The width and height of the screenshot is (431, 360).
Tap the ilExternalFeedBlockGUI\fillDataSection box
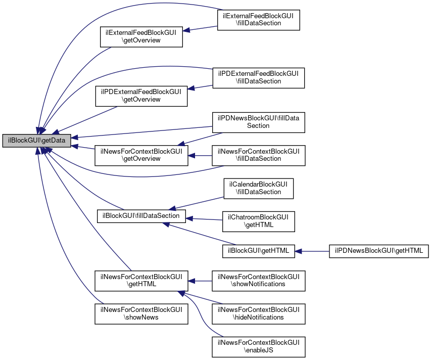(x=259, y=20)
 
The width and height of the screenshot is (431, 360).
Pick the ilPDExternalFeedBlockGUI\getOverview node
(x=141, y=96)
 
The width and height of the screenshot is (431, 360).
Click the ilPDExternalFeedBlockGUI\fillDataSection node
(x=258, y=77)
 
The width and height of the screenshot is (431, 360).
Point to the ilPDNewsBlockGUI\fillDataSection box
(x=258, y=122)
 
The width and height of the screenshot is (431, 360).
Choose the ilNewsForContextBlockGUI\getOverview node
(x=141, y=155)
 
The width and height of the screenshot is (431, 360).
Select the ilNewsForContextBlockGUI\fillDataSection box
(x=258, y=155)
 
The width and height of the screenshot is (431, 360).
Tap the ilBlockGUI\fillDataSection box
(x=141, y=216)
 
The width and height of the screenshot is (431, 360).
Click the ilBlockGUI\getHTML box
(x=258, y=251)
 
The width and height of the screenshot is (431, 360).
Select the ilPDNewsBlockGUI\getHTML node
(x=379, y=251)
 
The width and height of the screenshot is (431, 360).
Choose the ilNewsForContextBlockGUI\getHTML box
(x=141, y=280)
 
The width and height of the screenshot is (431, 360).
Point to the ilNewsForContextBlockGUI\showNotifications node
(x=258, y=280)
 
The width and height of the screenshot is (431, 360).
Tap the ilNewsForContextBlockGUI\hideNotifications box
(x=258, y=313)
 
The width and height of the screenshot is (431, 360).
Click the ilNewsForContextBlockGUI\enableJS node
(x=258, y=346)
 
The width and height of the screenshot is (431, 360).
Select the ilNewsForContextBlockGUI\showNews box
(x=141, y=313)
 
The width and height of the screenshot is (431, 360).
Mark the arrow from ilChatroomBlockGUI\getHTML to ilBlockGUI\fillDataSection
(x=204, y=219)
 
